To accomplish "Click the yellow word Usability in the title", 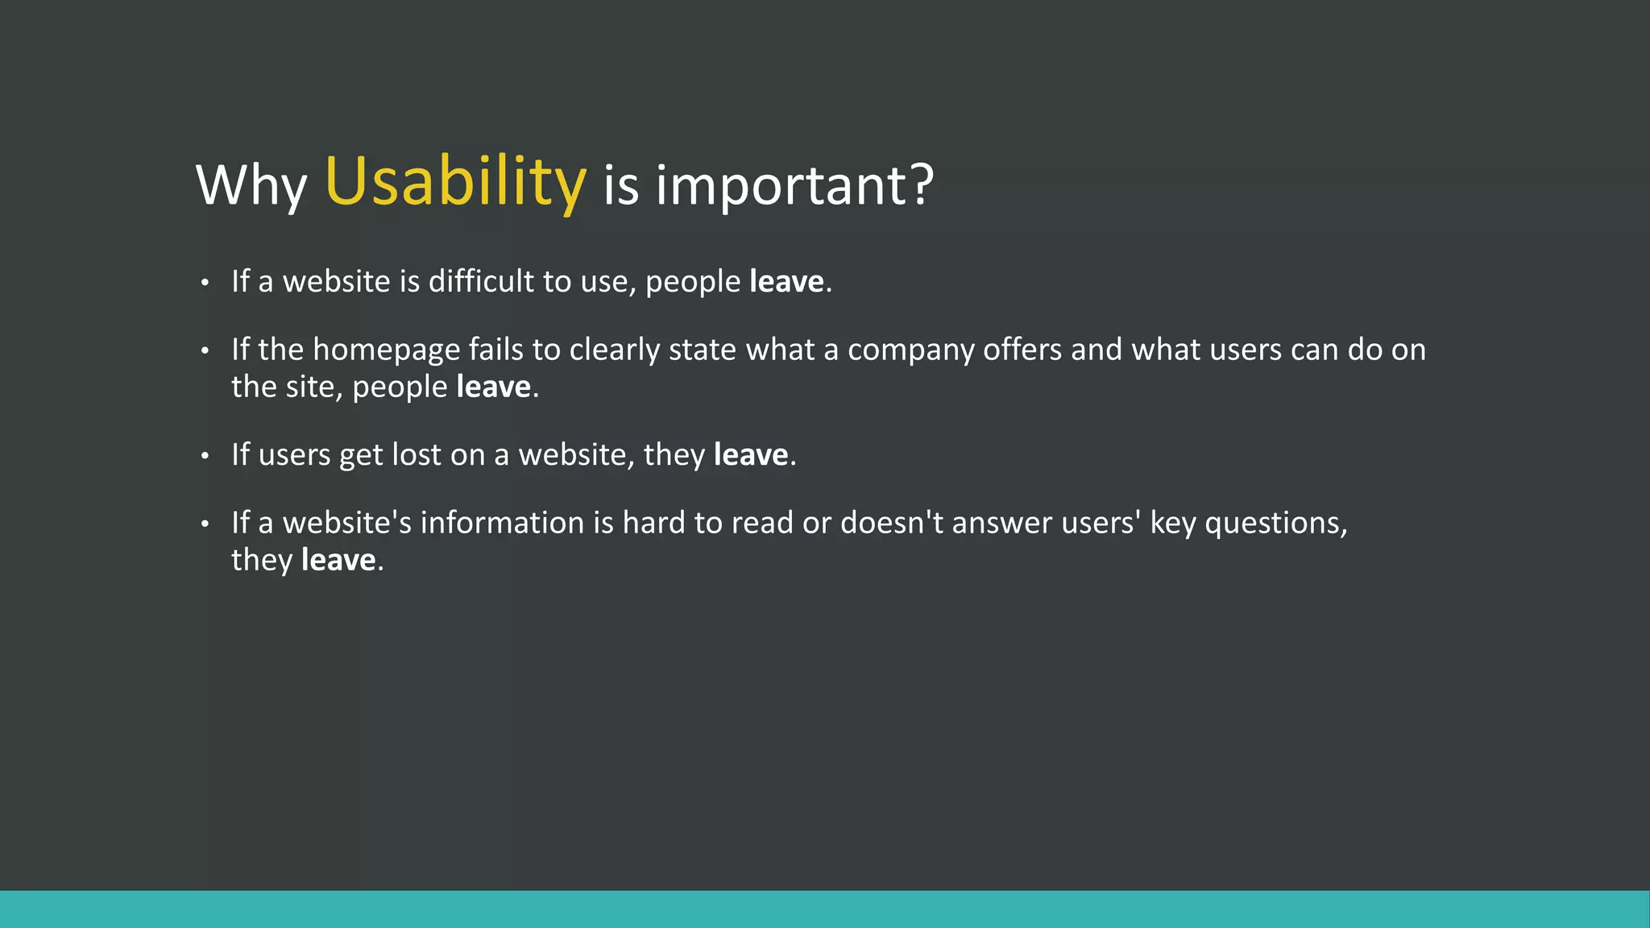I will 455,182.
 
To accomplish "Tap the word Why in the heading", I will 251,185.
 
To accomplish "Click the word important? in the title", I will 794,185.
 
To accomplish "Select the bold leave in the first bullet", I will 786,281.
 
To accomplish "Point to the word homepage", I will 386,350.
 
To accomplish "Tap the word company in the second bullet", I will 910,350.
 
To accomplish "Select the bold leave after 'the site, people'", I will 493,387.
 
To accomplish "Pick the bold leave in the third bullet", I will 751,454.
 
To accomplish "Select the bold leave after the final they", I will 338,560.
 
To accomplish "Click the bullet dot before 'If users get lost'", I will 205,456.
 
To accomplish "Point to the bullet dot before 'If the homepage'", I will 205,350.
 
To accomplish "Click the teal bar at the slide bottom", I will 825,909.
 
